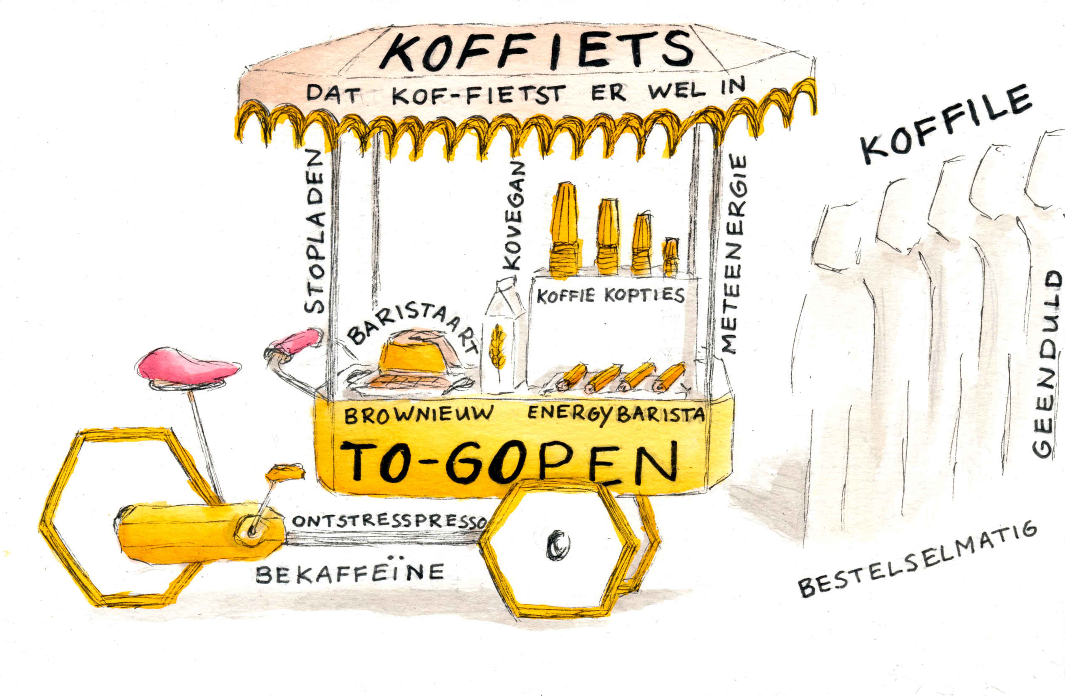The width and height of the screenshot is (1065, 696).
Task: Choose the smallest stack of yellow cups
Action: coord(670,257)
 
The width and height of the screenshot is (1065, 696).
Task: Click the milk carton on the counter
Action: coord(505,338)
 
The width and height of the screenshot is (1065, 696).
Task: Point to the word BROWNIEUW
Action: coord(419,415)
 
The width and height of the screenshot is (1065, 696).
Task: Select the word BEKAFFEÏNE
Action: coord(349,572)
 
